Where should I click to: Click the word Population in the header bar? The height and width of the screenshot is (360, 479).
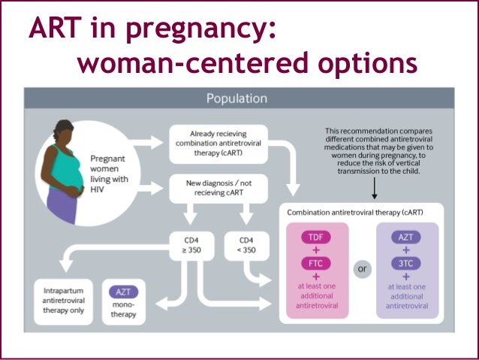click(239, 98)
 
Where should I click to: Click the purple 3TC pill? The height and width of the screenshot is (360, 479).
click(406, 265)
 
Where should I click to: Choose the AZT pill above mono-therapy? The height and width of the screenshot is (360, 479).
click(122, 292)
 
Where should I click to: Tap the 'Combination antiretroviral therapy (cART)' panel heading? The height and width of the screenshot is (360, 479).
click(360, 212)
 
